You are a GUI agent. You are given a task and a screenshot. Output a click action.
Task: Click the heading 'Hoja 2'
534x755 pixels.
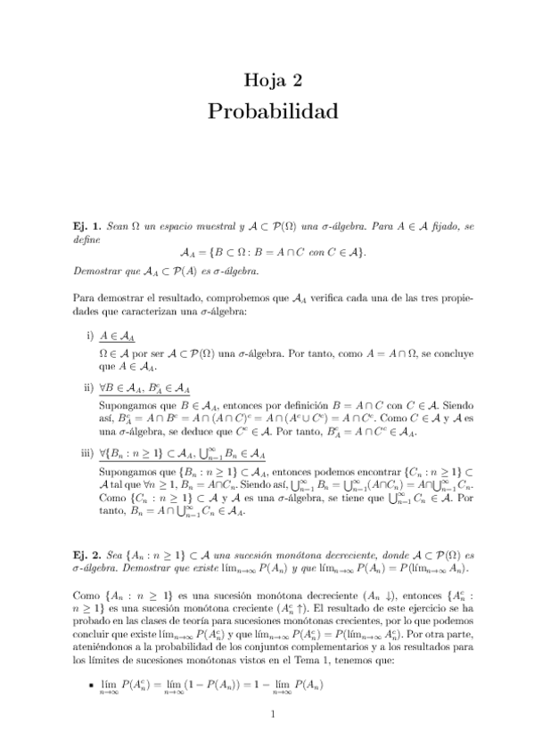point(274,82)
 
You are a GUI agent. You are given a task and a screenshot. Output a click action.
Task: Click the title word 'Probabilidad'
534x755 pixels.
point(274,112)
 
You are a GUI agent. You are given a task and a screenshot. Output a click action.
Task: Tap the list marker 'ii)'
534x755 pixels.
point(88,387)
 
